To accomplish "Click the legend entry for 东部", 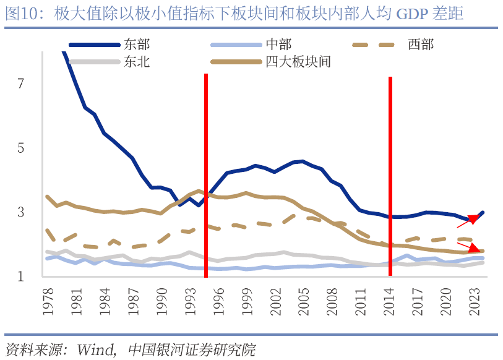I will pos(136,44).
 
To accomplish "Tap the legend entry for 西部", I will pos(421,44).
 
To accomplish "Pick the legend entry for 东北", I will pos(136,61).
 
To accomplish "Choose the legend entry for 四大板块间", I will pos(298,61).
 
